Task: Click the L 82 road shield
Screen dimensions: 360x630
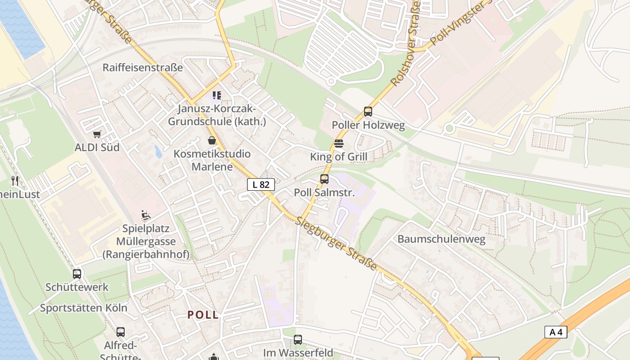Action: click(261, 184)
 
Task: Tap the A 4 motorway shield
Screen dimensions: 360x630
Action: click(556, 332)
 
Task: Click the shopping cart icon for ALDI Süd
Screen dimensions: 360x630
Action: click(97, 134)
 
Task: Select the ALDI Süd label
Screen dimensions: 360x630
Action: click(97, 147)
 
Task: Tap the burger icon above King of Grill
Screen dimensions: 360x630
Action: click(339, 144)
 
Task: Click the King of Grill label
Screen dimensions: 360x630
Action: click(339, 157)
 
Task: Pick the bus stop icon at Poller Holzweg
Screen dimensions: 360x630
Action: click(368, 112)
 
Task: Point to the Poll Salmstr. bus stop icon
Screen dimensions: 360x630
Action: click(324, 179)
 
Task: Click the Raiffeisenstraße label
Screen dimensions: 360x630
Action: click(143, 67)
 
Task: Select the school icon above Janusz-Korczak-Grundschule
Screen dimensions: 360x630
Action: click(217, 95)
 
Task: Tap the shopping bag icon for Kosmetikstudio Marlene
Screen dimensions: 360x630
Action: click(212, 141)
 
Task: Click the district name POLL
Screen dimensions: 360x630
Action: click(203, 315)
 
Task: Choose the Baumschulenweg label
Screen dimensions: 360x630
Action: click(441, 239)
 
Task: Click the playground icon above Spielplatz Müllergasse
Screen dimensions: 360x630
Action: click(146, 215)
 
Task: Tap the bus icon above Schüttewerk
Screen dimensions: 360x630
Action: click(77, 274)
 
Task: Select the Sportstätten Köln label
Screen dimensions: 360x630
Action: click(84, 308)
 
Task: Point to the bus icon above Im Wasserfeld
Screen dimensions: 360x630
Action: click(298, 340)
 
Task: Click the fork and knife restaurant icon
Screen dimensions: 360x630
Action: click(15, 181)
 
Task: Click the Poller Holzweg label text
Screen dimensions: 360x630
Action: click(368, 125)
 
